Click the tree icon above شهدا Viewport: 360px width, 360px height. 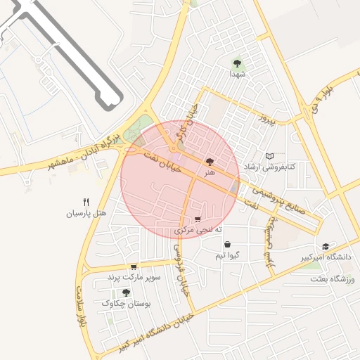point(236,63)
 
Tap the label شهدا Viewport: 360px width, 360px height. point(236,73)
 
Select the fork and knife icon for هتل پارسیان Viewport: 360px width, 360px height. point(86,201)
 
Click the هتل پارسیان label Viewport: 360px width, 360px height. point(86,212)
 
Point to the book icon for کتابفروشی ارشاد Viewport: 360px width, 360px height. point(269,156)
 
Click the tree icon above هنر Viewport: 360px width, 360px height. point(210,162)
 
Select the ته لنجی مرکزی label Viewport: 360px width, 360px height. point(198,230)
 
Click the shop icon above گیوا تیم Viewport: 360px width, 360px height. point(228,244)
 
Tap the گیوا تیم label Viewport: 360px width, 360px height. point(230,255)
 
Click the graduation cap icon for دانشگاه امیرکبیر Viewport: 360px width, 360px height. point(325,246)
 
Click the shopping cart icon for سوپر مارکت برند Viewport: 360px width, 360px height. point(133,267)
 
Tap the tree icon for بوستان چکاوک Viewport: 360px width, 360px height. point(126,292)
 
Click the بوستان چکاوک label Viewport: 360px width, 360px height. point(127,303)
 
